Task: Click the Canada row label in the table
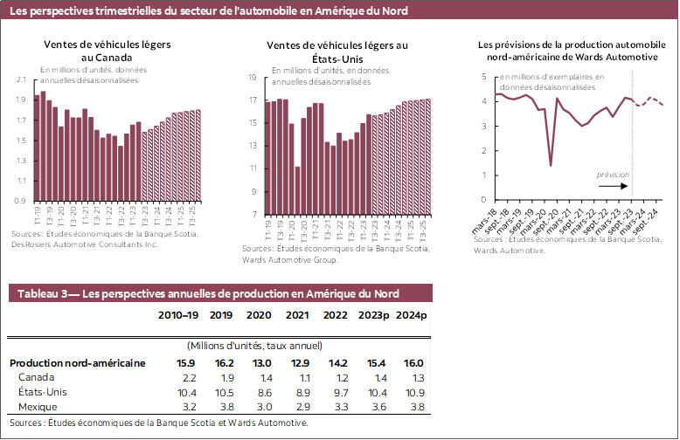35,378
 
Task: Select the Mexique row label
38,407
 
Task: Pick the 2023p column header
374,315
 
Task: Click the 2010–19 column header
177,315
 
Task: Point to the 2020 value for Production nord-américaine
260,363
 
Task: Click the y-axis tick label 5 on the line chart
484,77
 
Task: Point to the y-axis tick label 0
484,199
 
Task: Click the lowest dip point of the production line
551,165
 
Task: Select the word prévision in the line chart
612,175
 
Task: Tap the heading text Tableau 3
47,294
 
